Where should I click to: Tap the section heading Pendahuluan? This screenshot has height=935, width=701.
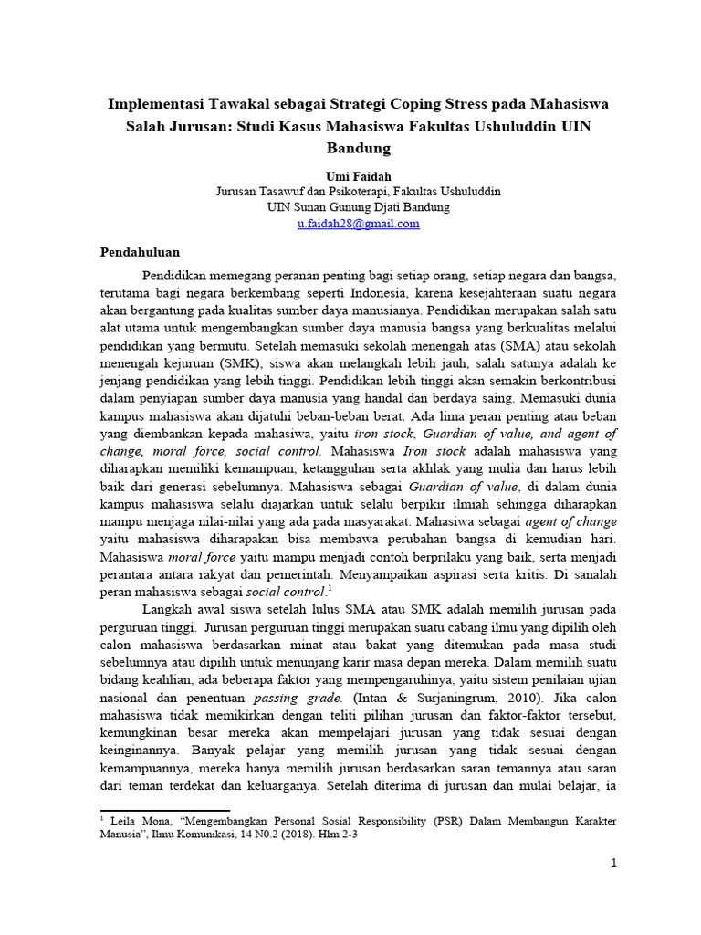tap(140, 252)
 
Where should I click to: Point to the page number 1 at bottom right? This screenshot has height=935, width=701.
tap(614, 863)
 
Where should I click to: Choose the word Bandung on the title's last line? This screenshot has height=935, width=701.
tap(358, 147)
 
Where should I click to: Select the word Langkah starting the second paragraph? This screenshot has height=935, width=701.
tap(167, 608)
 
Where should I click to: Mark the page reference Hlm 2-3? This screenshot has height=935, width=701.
tap(348, 835)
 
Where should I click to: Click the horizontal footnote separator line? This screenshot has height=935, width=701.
tap(164, 809)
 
